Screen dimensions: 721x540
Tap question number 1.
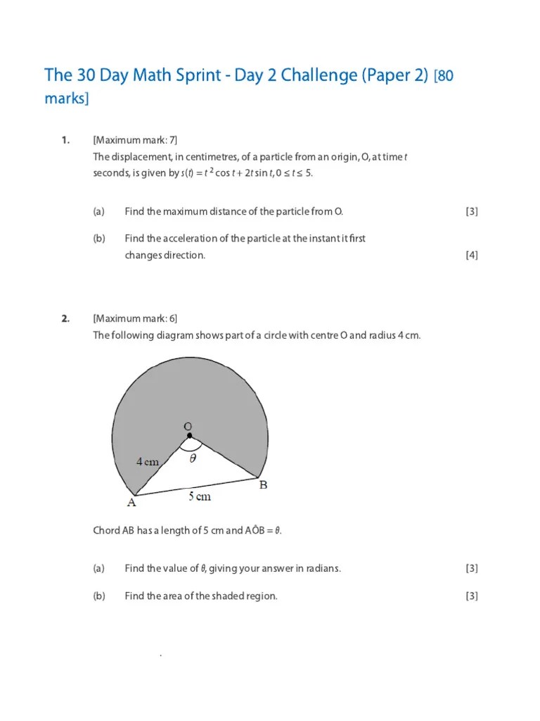coord(65,140)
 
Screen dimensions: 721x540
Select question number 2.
coord(65,318)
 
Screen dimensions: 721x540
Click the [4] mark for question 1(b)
coord(471,256)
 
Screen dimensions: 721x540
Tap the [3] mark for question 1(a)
coord(471,211)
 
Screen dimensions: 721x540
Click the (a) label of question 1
coord(98,211)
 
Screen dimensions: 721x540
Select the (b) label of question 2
coord(98,596)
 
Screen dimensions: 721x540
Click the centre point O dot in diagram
coord(189,436)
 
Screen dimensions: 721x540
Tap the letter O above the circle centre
coord(188,426)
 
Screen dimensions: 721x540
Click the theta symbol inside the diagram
coord(193,458)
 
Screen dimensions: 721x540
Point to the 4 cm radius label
coord(148,462)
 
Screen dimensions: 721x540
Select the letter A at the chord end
coord(131,503)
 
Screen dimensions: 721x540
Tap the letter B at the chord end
coord(263,485)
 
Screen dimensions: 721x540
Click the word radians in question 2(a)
coord(323,568)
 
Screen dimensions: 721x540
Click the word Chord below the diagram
coord(107,530)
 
